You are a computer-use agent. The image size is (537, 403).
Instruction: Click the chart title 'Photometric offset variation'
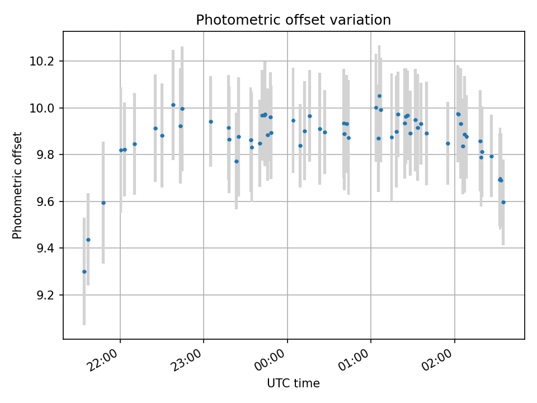pyautogui.click(x=293, y=20)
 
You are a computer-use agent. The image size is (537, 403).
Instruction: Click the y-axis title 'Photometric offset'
pyautogui.click(x=17, y=185)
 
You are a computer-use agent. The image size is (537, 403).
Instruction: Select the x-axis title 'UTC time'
pyautogui.click(x=293, y=383)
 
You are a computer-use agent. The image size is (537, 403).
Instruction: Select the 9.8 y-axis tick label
pyautogui.click(x=46, y=154)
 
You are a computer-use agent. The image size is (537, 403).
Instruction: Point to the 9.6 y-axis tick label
pyautogui.click(x=46, y=201)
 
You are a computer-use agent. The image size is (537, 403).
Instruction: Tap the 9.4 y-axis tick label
pyautogui.click(x=46, y=248)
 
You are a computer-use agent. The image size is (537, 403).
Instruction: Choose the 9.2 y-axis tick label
pyautogui.click(x=46, y=295)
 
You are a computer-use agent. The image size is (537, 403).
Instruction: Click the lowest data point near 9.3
pyautogui.click(x=84, y=271)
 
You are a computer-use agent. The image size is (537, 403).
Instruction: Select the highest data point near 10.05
pyautogui.click(x=379, y=96)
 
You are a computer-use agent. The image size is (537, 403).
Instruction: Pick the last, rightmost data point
pyautogui.click(x=503, y=202)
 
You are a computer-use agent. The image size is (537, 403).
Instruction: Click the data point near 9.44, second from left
pyautogui.click(x=88, y=240)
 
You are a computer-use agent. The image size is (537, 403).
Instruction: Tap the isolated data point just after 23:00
pyautogui.click(x=211, y=121)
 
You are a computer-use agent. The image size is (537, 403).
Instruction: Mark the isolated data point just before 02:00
pyautogui.click(x=448, y=143)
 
